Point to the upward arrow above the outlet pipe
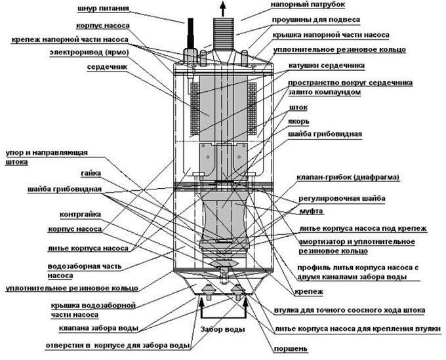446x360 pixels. coord(222,8)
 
